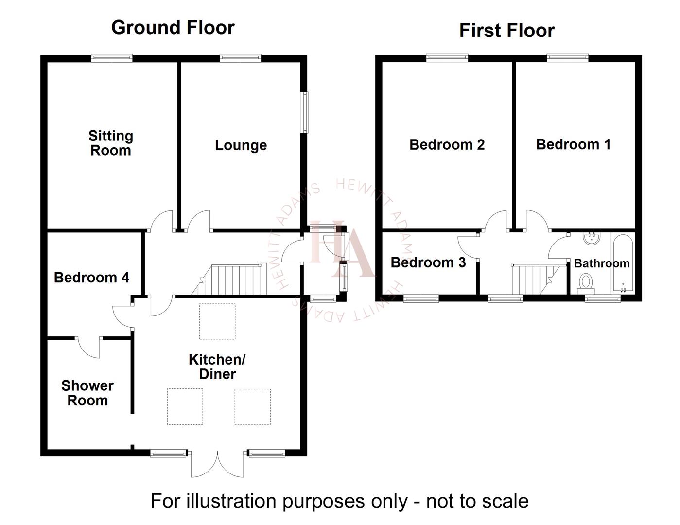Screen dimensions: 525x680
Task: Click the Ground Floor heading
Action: click(173, 28)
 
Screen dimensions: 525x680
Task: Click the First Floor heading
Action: click(506, 31)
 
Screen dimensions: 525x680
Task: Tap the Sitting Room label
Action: click(111, 143)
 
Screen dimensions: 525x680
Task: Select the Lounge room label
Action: click(241, 145)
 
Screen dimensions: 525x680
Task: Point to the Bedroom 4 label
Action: click(91, 278)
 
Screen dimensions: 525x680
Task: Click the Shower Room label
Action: click(87, 393)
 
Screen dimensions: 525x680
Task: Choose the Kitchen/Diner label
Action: click(217, 367)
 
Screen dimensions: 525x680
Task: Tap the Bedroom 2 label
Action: click(447, 145)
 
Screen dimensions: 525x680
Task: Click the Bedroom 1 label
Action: click(573, 144)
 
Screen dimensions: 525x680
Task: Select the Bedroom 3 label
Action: click(428, 262)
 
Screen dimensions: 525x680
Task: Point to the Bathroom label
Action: click(601, 263)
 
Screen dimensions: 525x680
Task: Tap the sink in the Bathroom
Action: click(592, 238)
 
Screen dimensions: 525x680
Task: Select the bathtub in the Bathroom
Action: click(623, 263)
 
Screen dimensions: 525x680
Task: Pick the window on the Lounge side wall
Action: click(305, 112)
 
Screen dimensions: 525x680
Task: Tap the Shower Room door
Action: click(89, 347)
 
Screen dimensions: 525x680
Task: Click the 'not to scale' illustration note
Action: click(339, 501)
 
